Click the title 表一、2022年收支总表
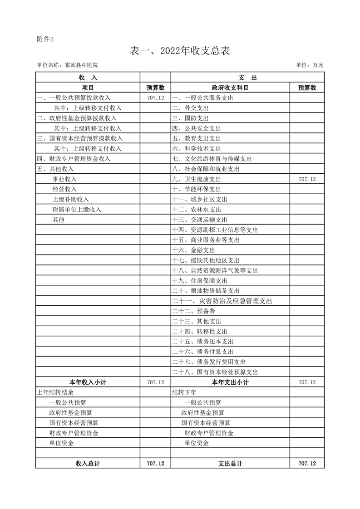tap(180, 51)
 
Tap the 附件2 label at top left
tap(45, 39)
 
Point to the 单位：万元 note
tap(310, 65)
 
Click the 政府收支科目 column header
tap(230, 88)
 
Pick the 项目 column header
tap(88, 88)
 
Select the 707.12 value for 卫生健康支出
tap(307, 179)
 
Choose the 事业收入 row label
tap(64, 179)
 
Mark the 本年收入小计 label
tap(88, 382)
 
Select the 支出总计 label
tap(230, 464)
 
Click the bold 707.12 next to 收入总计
tap(155, 464)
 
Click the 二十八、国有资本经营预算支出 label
tap(215, 372)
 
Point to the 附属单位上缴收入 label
tap(77, 210)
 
